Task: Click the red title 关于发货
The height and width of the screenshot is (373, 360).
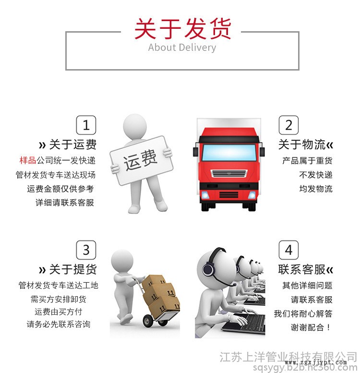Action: [182, 29]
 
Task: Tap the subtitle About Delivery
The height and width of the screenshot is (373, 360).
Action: [182, 48]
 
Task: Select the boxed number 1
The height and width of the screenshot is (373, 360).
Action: [86, 125]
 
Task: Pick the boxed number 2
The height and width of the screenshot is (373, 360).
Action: [288, 125]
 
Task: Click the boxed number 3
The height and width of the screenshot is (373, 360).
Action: [86, 250]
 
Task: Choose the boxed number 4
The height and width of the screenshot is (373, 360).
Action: [288, 250]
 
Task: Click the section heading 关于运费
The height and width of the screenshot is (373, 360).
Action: [72, 144]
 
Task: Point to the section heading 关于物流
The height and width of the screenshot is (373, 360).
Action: [302, 144]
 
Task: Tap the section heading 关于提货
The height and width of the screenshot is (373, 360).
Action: [72, 269]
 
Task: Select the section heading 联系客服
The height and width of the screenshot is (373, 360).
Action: [302, 269]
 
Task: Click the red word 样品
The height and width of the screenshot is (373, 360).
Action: [27, 160]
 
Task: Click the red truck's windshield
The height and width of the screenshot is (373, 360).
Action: [229, 153]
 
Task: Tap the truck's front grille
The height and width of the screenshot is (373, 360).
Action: [229, 173]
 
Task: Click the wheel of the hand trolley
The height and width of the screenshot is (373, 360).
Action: [148, 321]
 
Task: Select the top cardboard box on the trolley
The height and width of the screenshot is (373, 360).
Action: [154, 282]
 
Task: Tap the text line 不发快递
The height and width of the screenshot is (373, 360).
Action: [316, 175]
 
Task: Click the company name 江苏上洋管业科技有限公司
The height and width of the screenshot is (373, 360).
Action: [288, 357]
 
